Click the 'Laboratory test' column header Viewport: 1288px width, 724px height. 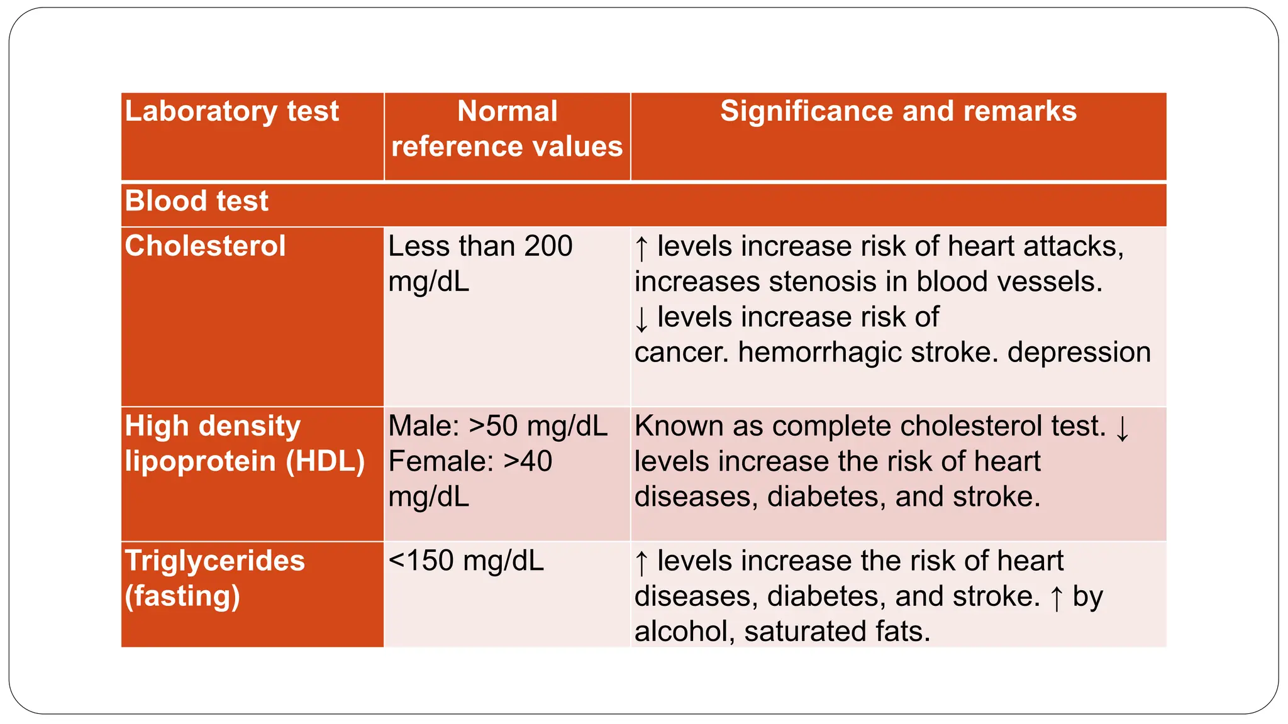(231, 112)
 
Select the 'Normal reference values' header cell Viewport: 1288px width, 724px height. (507, 129)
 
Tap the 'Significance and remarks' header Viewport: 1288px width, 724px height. (898, 112)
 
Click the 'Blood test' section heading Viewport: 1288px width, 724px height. (196, 202)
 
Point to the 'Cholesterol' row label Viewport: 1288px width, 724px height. (205, 246)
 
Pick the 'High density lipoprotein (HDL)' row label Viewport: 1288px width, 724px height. (244, 444)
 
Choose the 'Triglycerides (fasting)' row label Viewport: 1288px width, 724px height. (214, 578)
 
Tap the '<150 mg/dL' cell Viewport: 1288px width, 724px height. (466, 561)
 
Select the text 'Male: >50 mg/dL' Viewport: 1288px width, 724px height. (497, 426)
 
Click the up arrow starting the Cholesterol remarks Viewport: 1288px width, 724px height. (641, 248)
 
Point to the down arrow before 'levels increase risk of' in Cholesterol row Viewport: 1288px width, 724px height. (641, 319)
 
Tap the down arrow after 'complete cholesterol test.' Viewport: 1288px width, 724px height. (1122, 428)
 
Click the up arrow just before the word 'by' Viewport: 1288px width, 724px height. (1057, 598)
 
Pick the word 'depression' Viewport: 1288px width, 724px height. (1079, 353)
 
